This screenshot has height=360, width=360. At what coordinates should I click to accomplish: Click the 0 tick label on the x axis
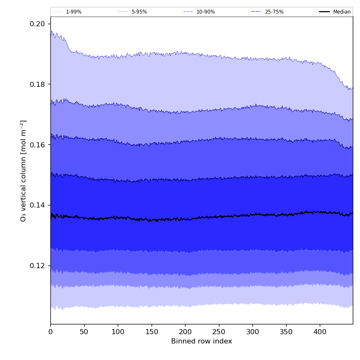tap(50, 332)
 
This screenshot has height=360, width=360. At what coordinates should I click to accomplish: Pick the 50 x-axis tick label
tap(84, 332)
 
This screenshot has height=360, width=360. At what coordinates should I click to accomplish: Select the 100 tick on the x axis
tap(118, 332)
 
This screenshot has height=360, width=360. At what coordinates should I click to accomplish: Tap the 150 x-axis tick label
tap(152, 332)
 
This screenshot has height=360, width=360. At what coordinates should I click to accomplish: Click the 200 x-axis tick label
tap(185, 332)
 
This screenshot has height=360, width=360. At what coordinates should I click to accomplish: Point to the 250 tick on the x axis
tap(219, 332)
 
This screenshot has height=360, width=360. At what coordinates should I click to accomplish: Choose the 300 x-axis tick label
tap(252, 332)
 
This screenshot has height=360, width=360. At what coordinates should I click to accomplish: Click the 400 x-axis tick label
tap(320, 332)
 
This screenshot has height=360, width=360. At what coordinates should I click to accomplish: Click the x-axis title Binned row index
tap(202, 341)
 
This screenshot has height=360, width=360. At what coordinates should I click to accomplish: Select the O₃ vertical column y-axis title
tap(23, 171)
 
